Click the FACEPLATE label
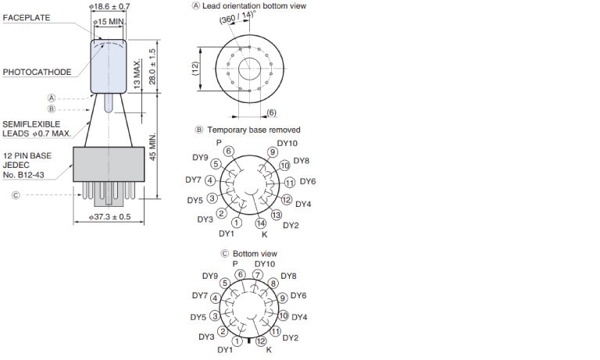pos(27,18)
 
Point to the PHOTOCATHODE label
pos(37,72)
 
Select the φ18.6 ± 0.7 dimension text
pos(109,6)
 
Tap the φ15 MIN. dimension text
pos(109,22)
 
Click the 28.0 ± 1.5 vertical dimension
pos(152,66)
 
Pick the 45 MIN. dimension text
pos(152,147)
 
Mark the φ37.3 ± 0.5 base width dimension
pos(110,217)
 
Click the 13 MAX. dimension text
pos(137,74)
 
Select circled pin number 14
pos(261,223)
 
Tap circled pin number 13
pos(277,215)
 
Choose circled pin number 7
pos(258,275)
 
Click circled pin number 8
pos(273,283)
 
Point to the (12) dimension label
pos(195,69)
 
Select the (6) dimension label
pos(271,112)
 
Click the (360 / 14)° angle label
pos(237,17)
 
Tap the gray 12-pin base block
pos(109,164)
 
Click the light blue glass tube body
pos(109,66)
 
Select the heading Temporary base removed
pos(254,130)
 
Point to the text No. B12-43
pos(23,175)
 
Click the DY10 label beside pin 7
pos(265,264)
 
